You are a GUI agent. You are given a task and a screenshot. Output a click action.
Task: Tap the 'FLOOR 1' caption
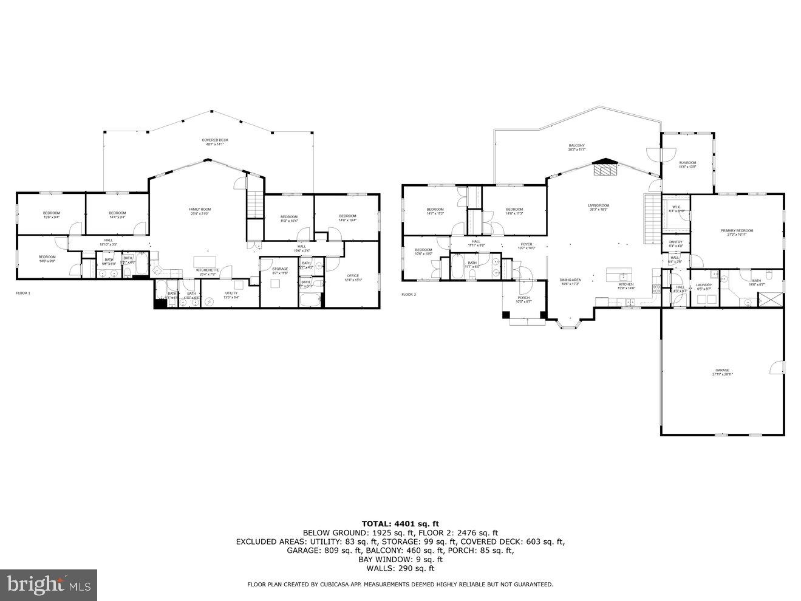(x=22, y=293)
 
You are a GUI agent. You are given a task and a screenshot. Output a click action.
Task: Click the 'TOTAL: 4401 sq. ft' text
(x=400, y=523)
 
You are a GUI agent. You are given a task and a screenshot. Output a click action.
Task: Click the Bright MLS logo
(x=49, y=585)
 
